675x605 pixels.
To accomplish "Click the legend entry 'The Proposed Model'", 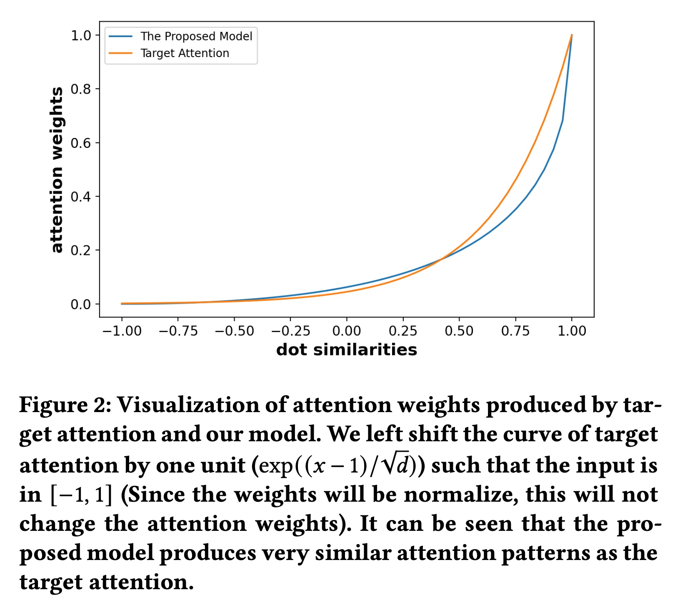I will [196, 37].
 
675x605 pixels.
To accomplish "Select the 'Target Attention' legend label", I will [185, 53].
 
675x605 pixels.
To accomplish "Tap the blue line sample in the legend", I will [120, 37].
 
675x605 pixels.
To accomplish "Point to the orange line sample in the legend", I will [120, 53].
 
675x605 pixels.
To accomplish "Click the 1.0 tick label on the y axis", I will [81, 35].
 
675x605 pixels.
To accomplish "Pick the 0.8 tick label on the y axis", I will [81, 89].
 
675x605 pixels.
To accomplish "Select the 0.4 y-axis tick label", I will [81, 197].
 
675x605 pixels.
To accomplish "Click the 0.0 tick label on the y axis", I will [81, 305].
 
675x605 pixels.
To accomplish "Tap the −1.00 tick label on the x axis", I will [122, 331].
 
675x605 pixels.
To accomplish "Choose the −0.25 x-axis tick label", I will [290, 331].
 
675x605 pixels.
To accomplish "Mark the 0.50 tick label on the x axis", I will [459, 331].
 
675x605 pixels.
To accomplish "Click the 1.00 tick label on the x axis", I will [572, 331].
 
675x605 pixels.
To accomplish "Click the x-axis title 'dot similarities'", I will [347, 350].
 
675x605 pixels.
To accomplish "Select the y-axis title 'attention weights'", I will [57, 170].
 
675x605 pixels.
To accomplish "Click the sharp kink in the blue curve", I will [563, 120].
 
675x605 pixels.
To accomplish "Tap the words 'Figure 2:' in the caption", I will [65, 405].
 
